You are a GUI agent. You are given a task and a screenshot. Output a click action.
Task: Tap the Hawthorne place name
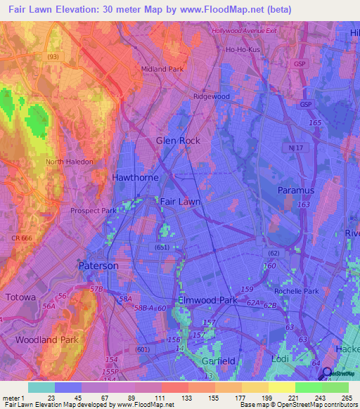[135, 178]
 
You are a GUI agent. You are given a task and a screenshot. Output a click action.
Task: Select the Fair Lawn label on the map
[181, 202]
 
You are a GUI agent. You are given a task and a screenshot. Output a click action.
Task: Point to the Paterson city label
[98, 266]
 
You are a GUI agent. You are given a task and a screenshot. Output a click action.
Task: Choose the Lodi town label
[280, 359]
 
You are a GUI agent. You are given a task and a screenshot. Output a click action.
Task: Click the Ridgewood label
[211, 96]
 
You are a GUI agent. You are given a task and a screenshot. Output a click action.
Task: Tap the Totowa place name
[20, 297]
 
